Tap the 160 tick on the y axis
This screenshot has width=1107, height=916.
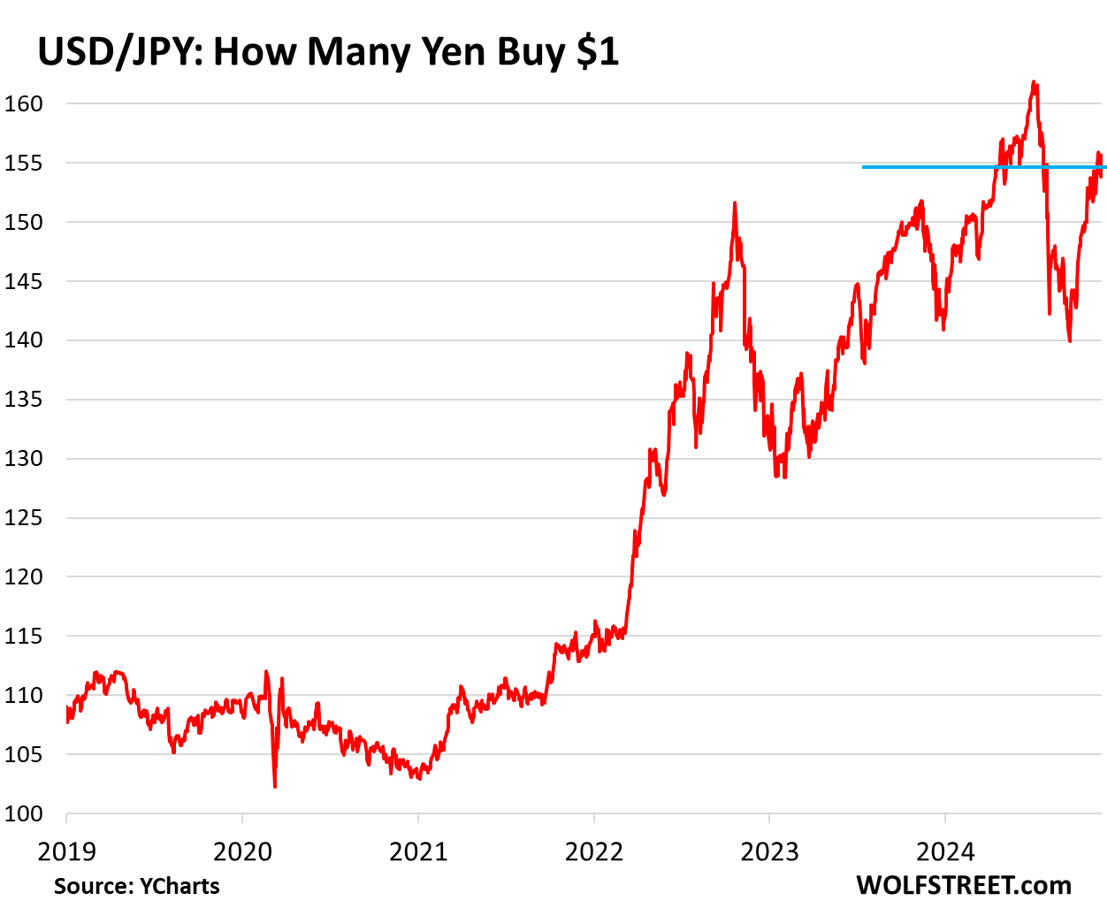tap(23, 103)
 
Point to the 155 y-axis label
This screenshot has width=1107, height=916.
tap(23, 163)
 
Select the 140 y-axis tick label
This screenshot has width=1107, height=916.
tap(23, 340)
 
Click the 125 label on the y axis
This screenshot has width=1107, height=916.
tap(23, 517)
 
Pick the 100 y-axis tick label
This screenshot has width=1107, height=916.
tap(23, 813)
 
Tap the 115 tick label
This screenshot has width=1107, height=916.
tap(23, 636)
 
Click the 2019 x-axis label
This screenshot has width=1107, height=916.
tap(66, 852)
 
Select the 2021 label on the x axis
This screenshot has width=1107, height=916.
tap(418, 852)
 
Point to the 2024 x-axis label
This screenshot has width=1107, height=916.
tap(945, 852)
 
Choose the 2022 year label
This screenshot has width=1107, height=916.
tap(594, 852)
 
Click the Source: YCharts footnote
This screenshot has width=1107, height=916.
tap(137, 886)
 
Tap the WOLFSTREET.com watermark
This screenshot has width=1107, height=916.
tap(963, 885)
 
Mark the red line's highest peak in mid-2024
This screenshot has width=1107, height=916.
tap(1034, 83)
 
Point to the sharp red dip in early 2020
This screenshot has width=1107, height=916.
tap(275, 784)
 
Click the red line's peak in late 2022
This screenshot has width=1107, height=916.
tap(735, 204)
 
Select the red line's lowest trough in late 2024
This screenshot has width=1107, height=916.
tap(1070, 340)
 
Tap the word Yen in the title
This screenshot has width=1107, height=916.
tap(454, 52)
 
